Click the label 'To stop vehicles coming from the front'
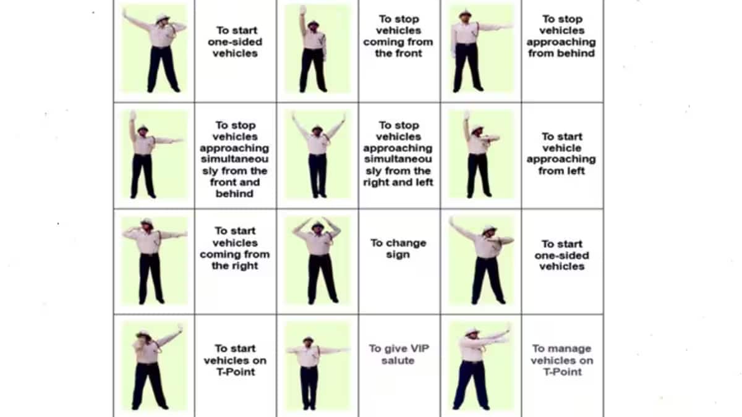click(398, 36)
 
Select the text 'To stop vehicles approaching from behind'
click(561, 36)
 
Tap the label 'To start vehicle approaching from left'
click(561, 153)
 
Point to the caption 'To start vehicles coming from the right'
click(234, 248)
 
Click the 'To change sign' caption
click(398, 248)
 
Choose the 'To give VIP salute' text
click(398, 355)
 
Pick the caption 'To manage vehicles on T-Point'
click(561, 360)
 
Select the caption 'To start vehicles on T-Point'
click(234, 360)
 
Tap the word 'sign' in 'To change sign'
click(398, 255)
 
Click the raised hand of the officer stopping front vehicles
click(303, 10)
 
